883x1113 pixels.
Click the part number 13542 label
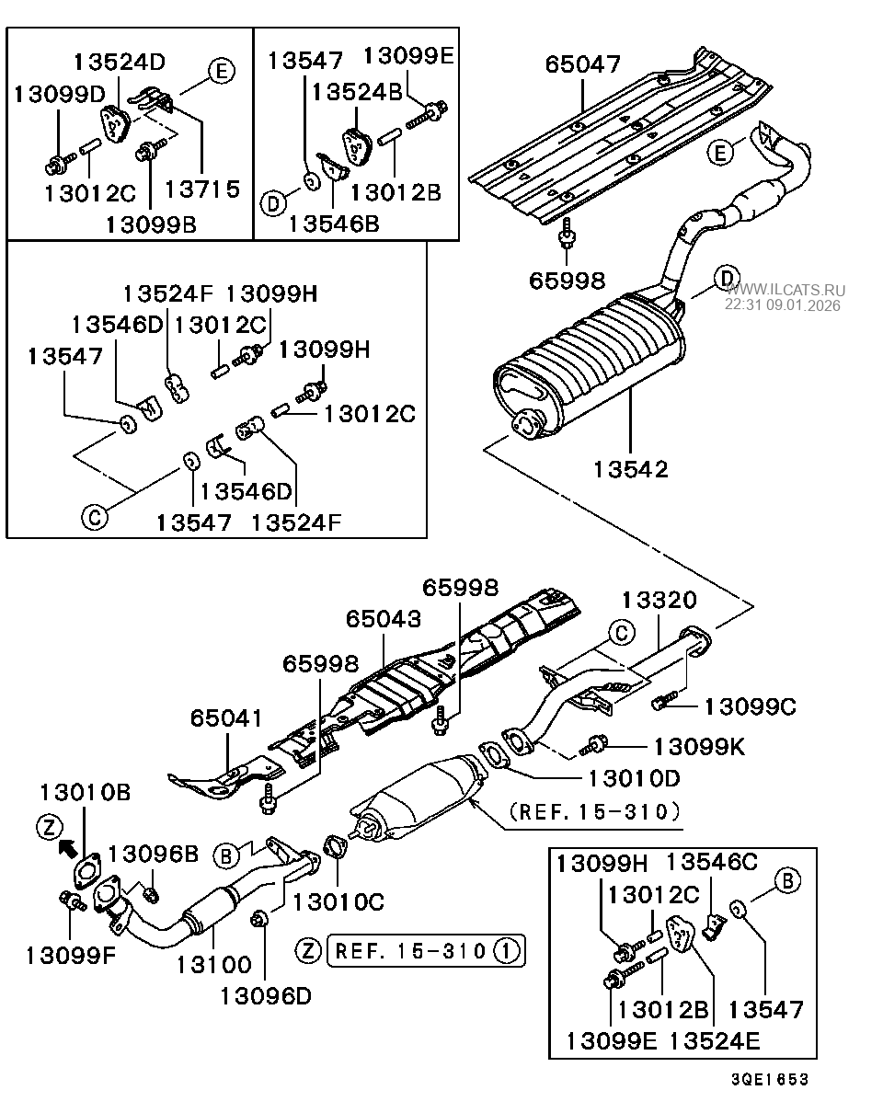coord(631,468)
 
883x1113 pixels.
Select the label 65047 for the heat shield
coord(582,64)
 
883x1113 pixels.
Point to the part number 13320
coord(659,600)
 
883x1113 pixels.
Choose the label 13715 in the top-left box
coord(201,189)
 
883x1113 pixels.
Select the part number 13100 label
coord(213,964)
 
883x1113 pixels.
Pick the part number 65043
coord(384,618)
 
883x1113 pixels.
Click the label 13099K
coord(699,745)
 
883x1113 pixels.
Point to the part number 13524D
coord(120,63)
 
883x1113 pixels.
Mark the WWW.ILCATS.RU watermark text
coord(786,289)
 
